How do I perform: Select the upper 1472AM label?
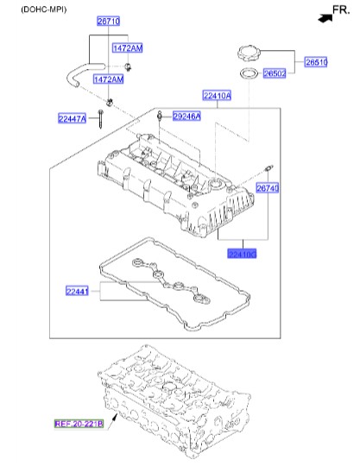[127, 49]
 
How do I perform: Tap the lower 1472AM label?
[108, 79]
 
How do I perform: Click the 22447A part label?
[73, 118]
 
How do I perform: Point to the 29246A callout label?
[186, 116]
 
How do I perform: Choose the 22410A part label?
[217, 96]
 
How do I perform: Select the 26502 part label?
[275, 73]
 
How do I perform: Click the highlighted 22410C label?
[243, 254]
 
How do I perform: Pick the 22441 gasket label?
[78, 292]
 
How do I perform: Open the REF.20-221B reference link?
[79, 424]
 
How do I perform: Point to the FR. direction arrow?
[325, 15]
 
